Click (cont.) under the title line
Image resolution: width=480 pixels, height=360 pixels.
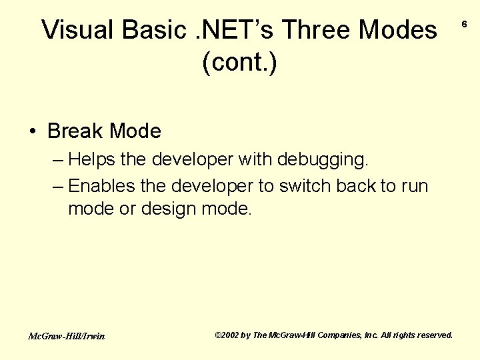(x=239, y=63)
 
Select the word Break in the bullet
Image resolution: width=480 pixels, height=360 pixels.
(x=75, y=131)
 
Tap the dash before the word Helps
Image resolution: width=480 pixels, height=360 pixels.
(x=57, y=160)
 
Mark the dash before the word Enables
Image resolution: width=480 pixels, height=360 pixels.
(x=57, y=185)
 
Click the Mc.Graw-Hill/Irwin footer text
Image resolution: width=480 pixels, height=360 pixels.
(x=66, y=336)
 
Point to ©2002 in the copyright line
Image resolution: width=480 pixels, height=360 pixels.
(x=227, y=335)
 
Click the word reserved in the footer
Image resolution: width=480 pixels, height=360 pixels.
(x=433, y=335)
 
